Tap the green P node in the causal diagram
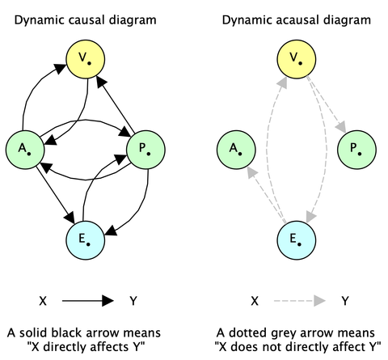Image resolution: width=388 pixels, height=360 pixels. (x=145, y=148)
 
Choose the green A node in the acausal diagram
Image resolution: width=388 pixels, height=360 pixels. (x=237, y=148)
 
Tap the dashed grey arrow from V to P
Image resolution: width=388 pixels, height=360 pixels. (x=328, y=104)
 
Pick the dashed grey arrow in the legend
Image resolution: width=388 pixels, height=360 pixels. (x=299, y=300)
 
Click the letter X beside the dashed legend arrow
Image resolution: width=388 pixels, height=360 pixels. (x=255, y=300)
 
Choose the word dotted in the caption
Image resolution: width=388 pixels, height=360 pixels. (x=264, y=332)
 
